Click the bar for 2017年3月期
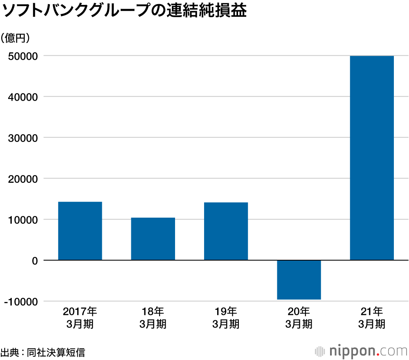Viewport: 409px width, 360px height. [x=80, y=231]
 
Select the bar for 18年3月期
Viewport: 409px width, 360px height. [x=153, y=239]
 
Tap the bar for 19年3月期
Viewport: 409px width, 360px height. [x=226, y=231]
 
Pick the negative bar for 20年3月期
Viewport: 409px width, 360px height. [x=299, y=280]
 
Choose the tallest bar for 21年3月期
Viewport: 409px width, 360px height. [x=372, y=158]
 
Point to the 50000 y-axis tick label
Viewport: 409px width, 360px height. [x=24, y=56]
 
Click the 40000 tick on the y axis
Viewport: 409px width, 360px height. [x=24, y=97]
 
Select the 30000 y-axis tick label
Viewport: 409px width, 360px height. [x=24, y=137]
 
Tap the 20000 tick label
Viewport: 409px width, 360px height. [x=24, y=178]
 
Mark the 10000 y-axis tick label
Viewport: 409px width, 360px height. [x=24, y=219]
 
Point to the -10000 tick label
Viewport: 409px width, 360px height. [x=22, y=301]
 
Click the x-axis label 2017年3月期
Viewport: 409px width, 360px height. [x=80, y=317]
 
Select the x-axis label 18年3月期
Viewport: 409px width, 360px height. [x=153, y=317]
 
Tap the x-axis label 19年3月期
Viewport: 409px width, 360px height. [x=226, y=317]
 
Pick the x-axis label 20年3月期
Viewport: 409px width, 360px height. [x=299, y=317]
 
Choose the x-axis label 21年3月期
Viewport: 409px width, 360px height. [x=372, y=317]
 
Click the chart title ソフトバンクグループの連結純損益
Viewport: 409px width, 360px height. [x=124, y=11]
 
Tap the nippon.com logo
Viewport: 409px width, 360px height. [x=362, y=351]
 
